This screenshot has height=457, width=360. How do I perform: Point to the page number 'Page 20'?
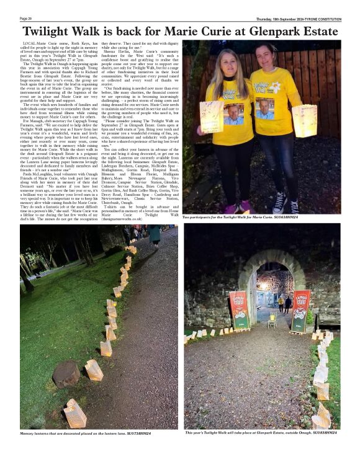(x=27, y=19)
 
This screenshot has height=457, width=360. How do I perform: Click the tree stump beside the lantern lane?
(x=66, y=374)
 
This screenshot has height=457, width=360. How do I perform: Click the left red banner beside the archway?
(x=240, y=311)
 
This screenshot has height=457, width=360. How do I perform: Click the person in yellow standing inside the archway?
(x=281, y=303)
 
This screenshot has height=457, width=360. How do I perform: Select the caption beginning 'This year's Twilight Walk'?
(x=261, y=432)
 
